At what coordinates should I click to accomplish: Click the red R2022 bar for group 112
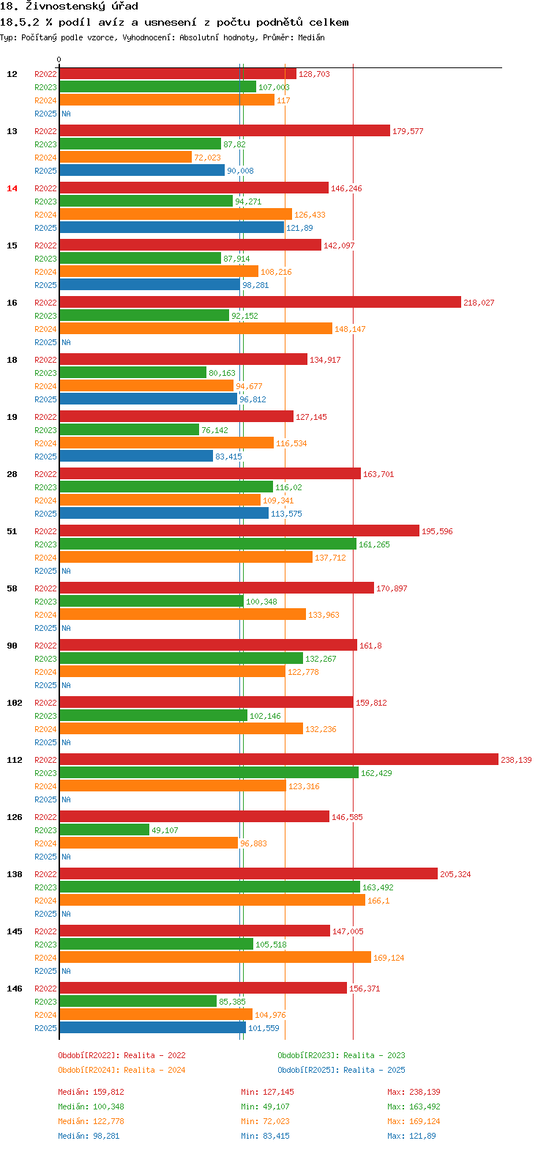(278, 760)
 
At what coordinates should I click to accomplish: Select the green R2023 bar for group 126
(105, 830)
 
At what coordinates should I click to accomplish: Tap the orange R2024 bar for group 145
(215, 958)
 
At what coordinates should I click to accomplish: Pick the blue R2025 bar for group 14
(171, 228)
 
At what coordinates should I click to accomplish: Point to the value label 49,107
(165, 830)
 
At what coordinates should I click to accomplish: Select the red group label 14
(12, 188)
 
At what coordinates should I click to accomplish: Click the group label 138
(15, 874)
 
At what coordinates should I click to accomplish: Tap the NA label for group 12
(66, 114)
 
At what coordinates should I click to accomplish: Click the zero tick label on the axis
(59, 60)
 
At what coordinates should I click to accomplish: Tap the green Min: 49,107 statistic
(267, 1106)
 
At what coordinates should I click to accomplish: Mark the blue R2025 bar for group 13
(142, 171)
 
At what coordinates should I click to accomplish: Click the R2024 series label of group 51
(45, 558)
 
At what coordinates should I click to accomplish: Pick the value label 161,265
(375, 544)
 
